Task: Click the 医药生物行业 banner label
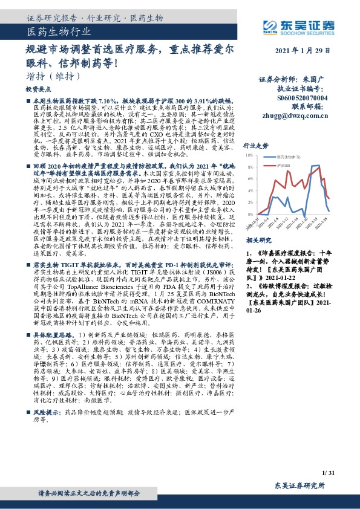click(60, 31)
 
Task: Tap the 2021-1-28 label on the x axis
click(324, 222)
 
